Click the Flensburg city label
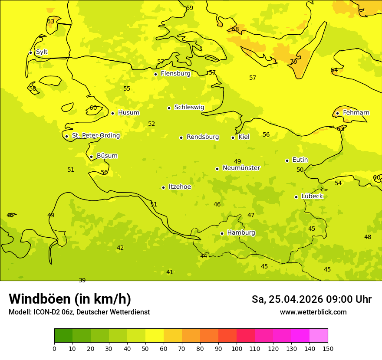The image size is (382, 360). [175, 74]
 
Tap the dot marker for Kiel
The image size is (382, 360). [233, 137]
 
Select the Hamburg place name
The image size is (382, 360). [241, 233]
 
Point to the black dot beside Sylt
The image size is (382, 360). [30, 52]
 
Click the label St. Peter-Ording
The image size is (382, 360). [95, 136]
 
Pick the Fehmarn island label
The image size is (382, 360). [356, 113]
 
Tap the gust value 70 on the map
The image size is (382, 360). [293, 62]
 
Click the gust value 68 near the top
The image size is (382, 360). [235, 29]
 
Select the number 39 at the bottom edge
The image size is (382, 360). [82, 280]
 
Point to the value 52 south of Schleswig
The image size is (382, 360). [151, 124]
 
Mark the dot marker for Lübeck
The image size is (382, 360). [296, 197]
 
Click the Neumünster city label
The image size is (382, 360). [241, 168]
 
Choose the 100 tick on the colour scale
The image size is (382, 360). [237, 348]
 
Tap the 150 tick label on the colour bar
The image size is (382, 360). [327, 348]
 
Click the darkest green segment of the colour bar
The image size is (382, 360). [63, 335]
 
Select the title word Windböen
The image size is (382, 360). [39, 299]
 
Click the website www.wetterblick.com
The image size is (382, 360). [313, 312]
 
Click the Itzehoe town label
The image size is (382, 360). [179, 187]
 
